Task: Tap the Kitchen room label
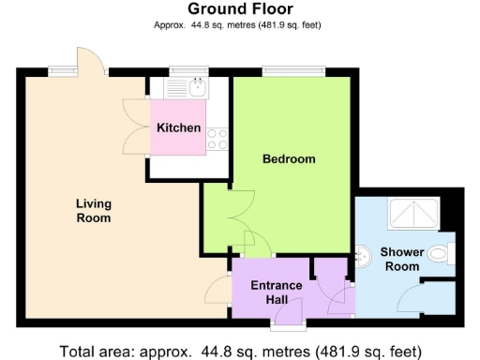click(x=178, y=127)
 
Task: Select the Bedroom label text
click(x=288, y=159)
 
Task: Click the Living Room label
click(x=93, y=211)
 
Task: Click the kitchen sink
click(x=196, y=89)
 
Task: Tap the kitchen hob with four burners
click(x=217, y=139)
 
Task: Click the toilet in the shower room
click(x=444, y=253)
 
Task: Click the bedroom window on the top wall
click(x=292, y=70)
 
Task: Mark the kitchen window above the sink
click(x=187, y=70)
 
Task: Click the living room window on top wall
click(x=63, y=70)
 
